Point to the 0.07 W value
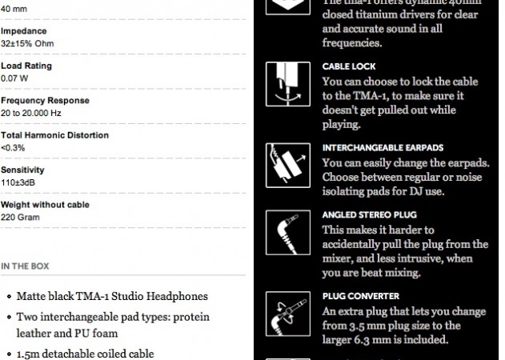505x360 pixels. [15, 78]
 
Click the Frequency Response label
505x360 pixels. [45, 101]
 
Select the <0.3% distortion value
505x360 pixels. [13, 147]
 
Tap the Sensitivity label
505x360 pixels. [22, 170]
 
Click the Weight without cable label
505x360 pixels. [45, 204]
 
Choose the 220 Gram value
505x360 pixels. [21, 216]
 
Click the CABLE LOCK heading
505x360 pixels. [349, 66]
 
